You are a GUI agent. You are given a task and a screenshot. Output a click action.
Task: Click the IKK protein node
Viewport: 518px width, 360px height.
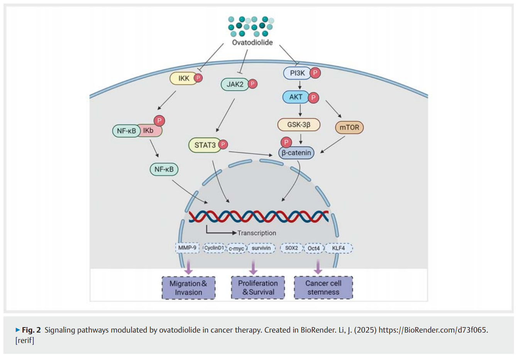(x=183, y=78)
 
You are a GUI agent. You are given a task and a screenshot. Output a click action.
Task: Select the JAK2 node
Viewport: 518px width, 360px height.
(x=235, y=84)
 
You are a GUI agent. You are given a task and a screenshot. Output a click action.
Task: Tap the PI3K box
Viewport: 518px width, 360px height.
(x=297, y=73)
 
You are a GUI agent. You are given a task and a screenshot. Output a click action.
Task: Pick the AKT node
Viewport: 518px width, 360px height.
(x=296, y=97)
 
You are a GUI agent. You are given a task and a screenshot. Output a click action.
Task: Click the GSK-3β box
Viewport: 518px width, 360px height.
(x=299, y=125)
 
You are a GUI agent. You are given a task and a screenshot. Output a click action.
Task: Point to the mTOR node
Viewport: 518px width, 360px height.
(x=349, y=127)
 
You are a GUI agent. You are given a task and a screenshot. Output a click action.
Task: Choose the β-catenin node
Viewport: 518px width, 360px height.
(x=296, y=153)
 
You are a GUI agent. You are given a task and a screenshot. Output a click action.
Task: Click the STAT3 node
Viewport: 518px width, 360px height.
(x=205, y=145)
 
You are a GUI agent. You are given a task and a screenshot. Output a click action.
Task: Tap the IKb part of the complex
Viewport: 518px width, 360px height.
(x=149, y=131)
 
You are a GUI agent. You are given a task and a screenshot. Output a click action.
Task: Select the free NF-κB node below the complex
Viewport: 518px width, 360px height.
(x=164, y=169)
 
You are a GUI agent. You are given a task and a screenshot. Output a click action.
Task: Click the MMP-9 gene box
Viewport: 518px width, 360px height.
(x=187, y=248)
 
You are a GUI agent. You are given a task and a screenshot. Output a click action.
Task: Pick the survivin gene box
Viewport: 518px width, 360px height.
(x=261, y=248)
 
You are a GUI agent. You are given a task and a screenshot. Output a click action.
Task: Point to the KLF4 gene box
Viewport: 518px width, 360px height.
(x=339, y=248)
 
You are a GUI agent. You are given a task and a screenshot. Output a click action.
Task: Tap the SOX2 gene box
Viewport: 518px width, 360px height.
(x=291, y=248)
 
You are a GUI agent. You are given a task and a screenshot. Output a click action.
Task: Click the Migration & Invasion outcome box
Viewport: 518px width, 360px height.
(x=188, y=288)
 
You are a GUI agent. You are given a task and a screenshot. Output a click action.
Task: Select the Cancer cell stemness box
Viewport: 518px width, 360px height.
(x=323, y=288)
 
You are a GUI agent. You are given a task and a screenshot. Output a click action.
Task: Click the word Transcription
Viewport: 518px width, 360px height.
(x=257, y=233)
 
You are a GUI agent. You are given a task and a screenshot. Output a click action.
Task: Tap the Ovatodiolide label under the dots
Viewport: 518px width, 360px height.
(x=252, y=42)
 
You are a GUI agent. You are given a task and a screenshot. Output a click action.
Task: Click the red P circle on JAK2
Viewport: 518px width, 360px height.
(x=252, y=84)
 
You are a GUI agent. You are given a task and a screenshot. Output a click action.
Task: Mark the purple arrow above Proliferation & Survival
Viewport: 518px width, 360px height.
(x=253, y=267)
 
